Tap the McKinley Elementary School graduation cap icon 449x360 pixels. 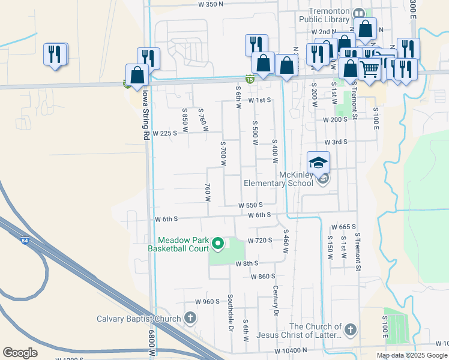pyautogui.click(x=319, y=163)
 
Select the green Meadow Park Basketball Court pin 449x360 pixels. pyautogui.click(x=218, y=244)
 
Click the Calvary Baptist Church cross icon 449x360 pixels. pyautogui.click(x=190, y=318)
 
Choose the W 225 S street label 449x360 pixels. pyautogui.click(x=165, y=133)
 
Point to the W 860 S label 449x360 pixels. pyautogui.click(x=262, y=276)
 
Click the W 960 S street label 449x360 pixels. pyautogui.click(x=208, y=301)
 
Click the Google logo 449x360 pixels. pyautogui.click(x=20, y=353)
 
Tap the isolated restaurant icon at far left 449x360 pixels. pyautogui.click(x=55, y=55)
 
